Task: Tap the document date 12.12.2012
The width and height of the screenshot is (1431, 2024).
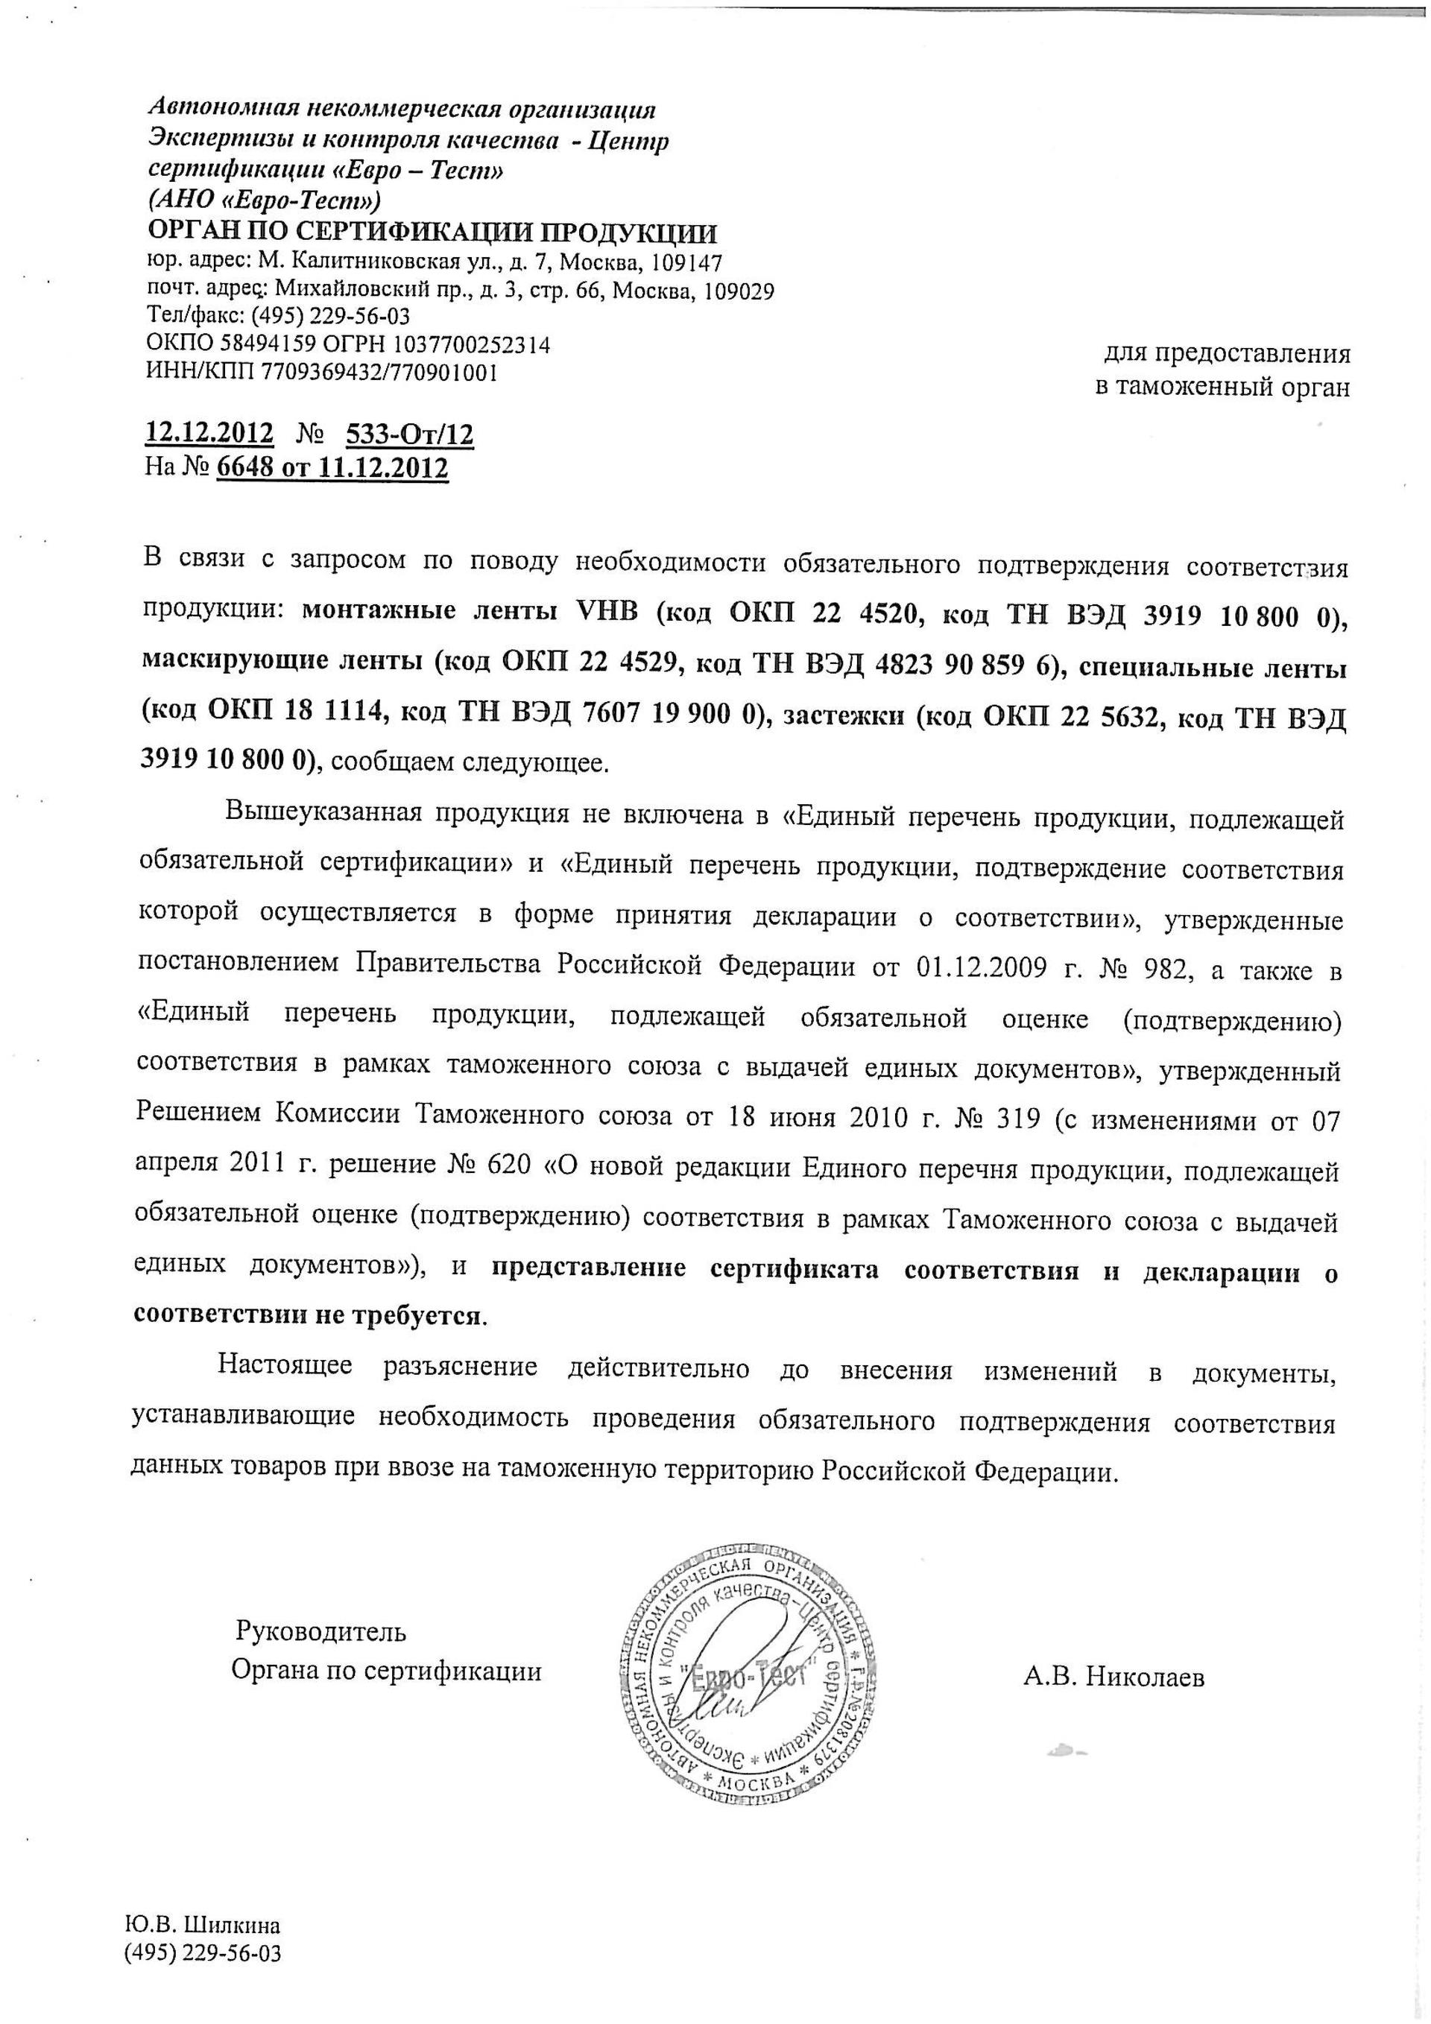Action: (209, 434)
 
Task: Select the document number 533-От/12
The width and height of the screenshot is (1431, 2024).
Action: (410, 434)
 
